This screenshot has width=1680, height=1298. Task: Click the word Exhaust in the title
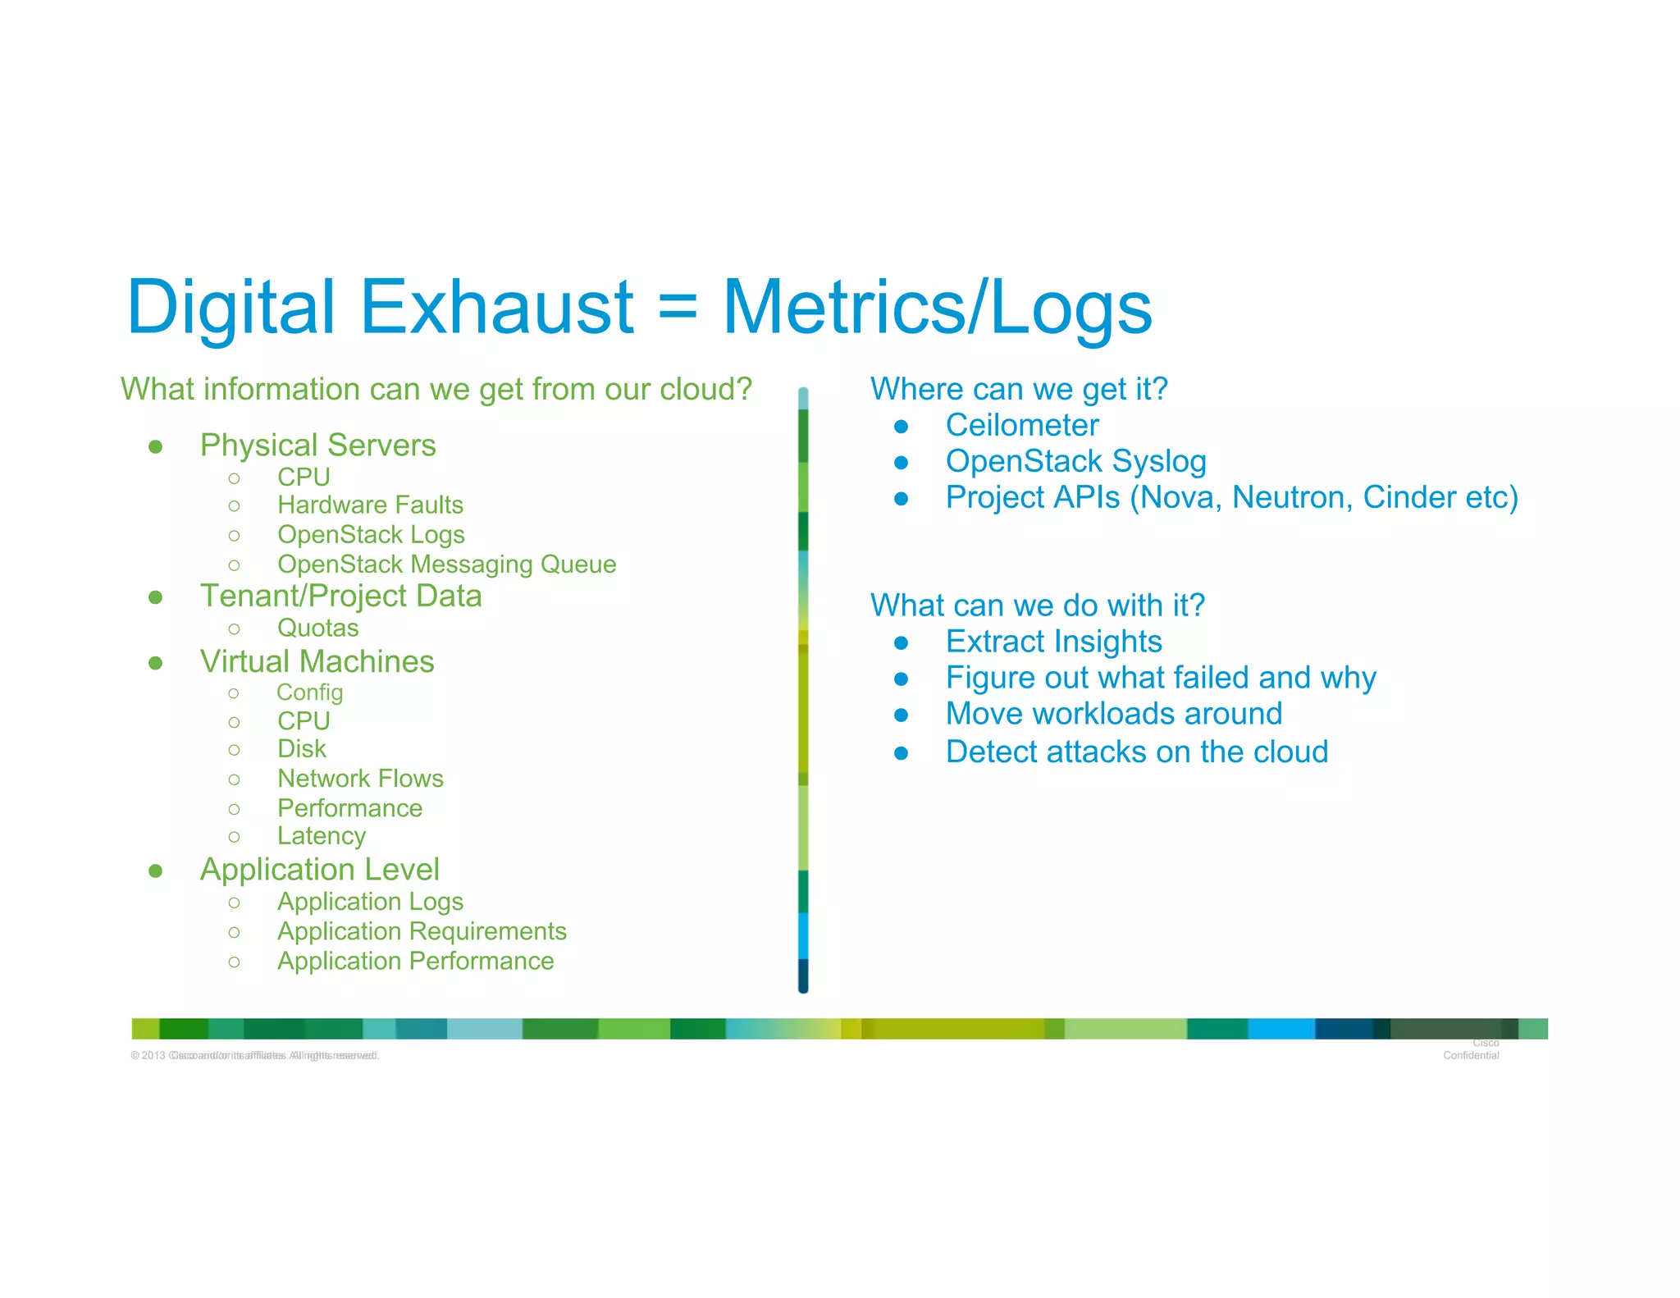pyautogui.click(x=496, y=307)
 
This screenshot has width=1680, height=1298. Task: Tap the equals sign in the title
pyautogui.click(x=678, y=307)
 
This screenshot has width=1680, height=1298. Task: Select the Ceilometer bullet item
pyautogui.click(x=1021, y=425)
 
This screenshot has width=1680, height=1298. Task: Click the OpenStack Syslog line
pyautogui.click(x=1075, y=461)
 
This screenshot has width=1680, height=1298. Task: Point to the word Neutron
pyautogui.click(x=1291, y=497)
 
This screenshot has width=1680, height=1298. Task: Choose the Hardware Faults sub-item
pyautogui.click(x=370, y=505)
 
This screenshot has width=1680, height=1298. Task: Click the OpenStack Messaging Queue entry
pyautogui.click(x=446, y=564)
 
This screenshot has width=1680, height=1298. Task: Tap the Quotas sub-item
pyautogui.click(x=317, y=628)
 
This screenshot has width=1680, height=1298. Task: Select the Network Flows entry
pyautogui.click(x=360, y=778)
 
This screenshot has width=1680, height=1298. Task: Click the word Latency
pyautogui.click(x=322, y=836)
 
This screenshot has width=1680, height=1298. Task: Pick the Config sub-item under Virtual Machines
pyautogui.click(x=309, y=692)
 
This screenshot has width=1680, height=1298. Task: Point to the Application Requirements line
pyautogui.click(x=422, y=931)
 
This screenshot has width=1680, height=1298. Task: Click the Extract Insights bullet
pyautogui.click(x=1053, y=642)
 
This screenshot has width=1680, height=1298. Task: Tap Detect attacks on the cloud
pyautogui.click(x=1136, y=752)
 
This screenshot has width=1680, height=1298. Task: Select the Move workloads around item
pyautogui.click(x=1113, y=714)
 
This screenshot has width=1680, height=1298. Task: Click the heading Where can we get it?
pyautogui.click(x=1019, y=389)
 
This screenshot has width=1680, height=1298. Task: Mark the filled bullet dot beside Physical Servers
pyautogui.click(x=155, y=446)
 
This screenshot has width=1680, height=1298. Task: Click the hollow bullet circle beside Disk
pyautogui.click(x=234, y=749)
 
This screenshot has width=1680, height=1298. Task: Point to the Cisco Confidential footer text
pyautogui.click(x=1472, y=1050)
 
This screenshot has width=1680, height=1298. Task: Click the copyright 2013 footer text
pyautogui.click(x=254, y=1055)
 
